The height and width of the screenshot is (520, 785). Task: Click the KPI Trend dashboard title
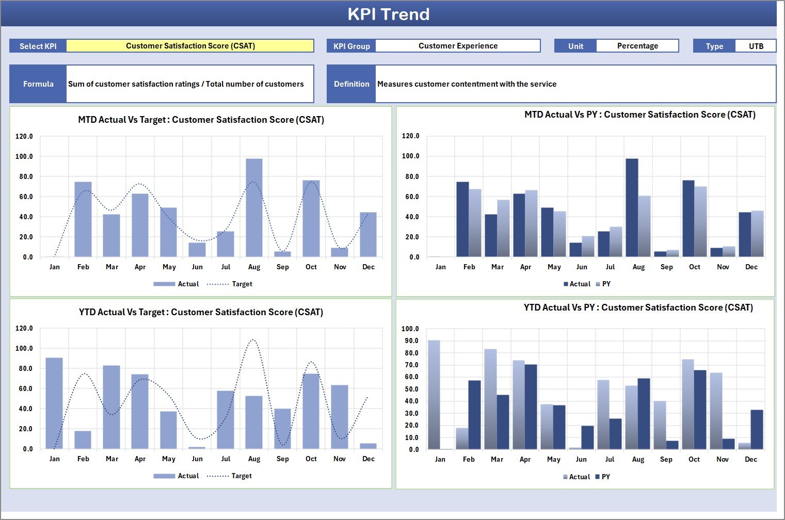388,14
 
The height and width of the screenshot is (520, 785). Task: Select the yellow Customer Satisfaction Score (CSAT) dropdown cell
190,46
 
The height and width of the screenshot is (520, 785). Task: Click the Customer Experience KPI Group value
458,46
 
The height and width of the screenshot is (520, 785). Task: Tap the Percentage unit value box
637,46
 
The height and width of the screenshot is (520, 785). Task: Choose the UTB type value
756,46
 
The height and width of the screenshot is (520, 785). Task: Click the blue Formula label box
38,84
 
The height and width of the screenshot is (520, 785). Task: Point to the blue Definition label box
351,84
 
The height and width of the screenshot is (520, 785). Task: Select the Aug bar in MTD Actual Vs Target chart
254,208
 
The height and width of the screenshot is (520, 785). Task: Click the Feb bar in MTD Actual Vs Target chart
83,219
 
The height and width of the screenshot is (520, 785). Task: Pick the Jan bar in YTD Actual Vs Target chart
54,403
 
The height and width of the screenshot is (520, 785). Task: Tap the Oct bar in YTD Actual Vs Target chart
311,411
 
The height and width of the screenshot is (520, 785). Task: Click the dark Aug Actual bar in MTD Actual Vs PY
632,208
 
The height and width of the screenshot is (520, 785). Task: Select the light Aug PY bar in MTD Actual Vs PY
644,226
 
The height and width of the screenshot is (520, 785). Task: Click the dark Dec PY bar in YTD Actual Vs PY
757,430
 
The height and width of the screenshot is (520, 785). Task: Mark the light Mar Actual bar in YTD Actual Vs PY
490,399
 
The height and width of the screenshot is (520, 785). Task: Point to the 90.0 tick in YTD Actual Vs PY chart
411,341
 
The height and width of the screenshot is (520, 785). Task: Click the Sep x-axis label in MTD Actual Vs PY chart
666,267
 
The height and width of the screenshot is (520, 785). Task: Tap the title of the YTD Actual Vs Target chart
201,312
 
